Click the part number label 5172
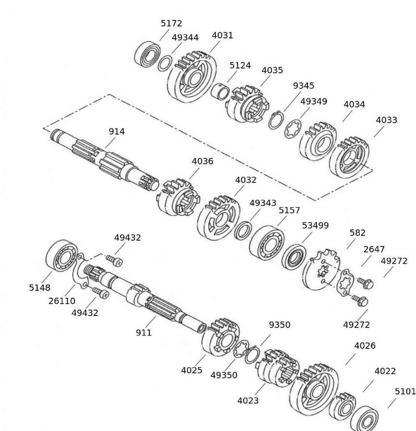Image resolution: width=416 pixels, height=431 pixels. pyautogui.click(x=171, y=24)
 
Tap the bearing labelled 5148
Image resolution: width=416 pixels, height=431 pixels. pyautogui.click(x=61, y=258)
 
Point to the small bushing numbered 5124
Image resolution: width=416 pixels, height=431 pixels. pyautogui.click(x=220, y=91)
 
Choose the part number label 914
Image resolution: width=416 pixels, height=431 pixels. pyautogui.click(x=117, y=131)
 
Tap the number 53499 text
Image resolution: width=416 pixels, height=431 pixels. pyautogui.click(x=315, y=225)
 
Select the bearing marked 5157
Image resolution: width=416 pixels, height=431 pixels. pyautogui.click(x=267, y=242)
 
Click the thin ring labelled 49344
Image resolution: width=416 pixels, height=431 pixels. pyautogui.click(x=165, y=63)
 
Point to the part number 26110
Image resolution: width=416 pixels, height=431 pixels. pyautogui.click(x=62, y=301)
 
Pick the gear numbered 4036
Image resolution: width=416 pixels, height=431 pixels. pyautogui.click(x=178, y=198)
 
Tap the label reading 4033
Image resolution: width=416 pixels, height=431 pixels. pyautogui.click(x=386, y=120)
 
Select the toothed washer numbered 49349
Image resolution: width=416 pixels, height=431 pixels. pyautogui.click(x=293, y=129)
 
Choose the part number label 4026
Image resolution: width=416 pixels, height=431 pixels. pyautogui.click(x=365, y=346)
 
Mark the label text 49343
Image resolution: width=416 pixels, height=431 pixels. pyautogui.click(x=263, y=203)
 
